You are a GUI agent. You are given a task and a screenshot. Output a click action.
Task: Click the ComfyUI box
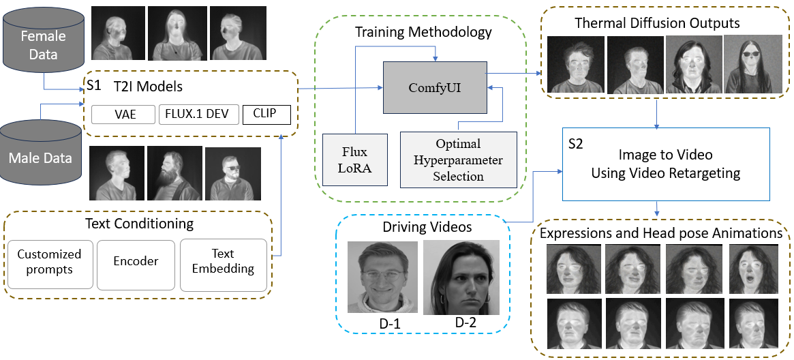pyautogui.click(x=434, y=87)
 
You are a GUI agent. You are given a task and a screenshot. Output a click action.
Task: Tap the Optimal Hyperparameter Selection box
pyautogui.click(x=458, y=160)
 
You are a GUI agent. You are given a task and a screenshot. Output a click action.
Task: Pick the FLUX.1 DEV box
pyautogui.click(x=197, y=114)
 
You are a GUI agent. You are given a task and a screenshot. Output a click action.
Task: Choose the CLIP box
pyautogui.click(x=266, y=114)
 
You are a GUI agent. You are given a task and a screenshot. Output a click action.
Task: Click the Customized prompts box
pyautogui.click(x=49, y=262)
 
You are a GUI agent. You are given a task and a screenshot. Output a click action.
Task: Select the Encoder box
pyautogui.click(x=136, y=261)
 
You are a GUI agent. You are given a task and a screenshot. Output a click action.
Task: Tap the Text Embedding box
pyautogui.click(x=223, y=262)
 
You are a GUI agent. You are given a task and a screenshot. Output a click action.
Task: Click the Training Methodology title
pyautogui.click(x=423, y=32)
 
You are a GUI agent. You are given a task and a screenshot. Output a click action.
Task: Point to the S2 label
pyautogui.click(x=576, y=145)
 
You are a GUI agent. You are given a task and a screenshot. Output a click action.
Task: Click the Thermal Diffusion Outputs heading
pyautogui.click(x=657, y=23)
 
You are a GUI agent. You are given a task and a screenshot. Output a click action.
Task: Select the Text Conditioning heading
pyautogui.click(x=139, y=224)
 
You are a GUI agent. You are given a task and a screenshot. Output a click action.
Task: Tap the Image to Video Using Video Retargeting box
pyautogui.click(x=665, y=164)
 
